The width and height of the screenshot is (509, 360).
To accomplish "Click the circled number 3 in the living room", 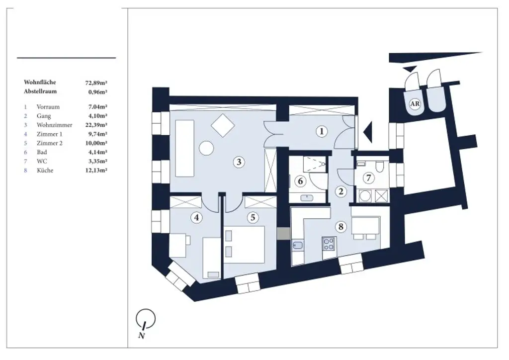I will coord(239,162).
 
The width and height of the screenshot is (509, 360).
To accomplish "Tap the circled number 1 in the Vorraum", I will coord(322,131).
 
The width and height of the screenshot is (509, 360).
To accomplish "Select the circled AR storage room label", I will coord(414,104).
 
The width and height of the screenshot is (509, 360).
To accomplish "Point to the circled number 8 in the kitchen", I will coord(340,227).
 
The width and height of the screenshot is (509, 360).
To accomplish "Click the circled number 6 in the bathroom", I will coord(300,181).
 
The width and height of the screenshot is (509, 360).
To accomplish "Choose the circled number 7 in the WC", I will coord(368,178).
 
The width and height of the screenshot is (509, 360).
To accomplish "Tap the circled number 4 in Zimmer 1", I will coord(198,217).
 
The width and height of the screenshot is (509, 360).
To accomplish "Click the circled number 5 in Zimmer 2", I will coord(253,217).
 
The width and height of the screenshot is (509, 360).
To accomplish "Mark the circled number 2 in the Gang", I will coord(341,191).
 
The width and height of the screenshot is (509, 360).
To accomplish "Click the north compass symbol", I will coord(145,319).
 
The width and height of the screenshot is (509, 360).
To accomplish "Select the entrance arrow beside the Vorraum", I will coord(367,132).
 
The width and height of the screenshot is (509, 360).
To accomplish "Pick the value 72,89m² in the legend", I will coord(96,83).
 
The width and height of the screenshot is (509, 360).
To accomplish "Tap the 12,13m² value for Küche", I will coord(96,170).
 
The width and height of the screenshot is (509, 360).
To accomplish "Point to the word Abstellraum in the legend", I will coord(40,91).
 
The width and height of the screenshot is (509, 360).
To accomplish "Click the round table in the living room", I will coord(206,148).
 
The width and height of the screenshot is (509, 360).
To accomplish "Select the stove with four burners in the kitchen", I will coord(329,243).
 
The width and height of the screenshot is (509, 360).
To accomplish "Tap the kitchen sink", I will coord(298,245).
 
